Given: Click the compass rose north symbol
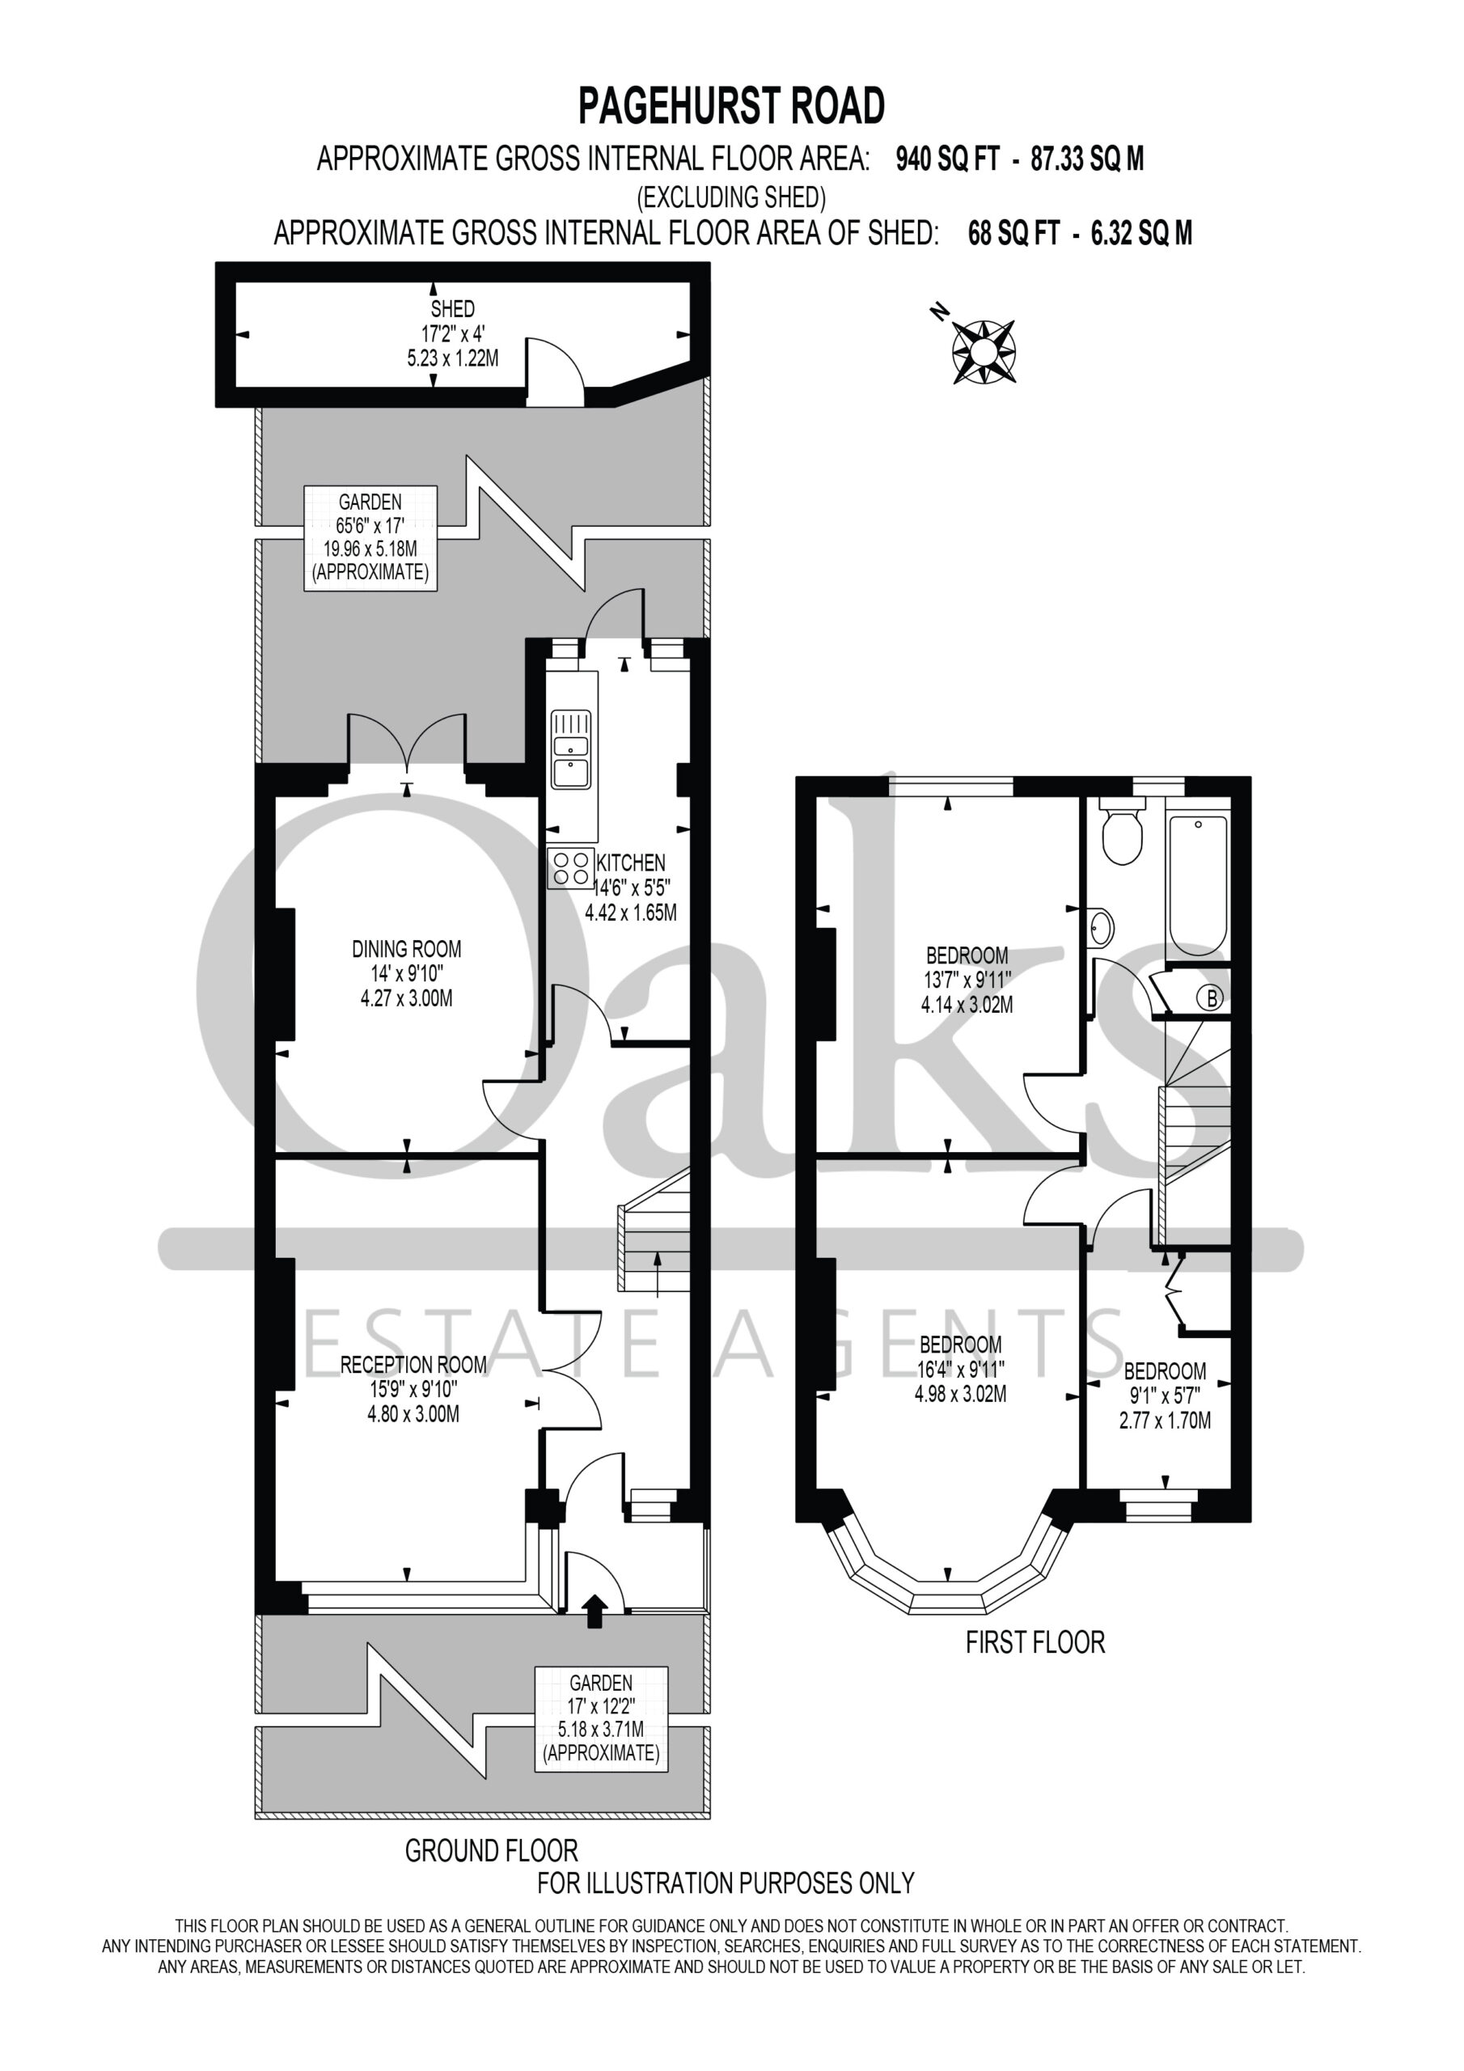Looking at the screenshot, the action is (984, 350).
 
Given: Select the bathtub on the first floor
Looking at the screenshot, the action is (1197, 886).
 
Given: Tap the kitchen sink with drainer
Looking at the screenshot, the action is (572, 750).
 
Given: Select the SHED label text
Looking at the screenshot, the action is (452, 309).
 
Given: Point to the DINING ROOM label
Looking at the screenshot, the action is (407, 949).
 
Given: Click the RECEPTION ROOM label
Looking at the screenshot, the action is (413, 1365).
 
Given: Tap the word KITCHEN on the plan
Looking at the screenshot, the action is (631, 863).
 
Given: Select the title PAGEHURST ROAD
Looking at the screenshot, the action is (731, 105).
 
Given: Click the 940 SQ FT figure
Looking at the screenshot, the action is (947, 159).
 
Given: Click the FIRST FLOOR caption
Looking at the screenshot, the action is (1035, 1642).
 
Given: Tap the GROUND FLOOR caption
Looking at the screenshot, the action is (492, 1851).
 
